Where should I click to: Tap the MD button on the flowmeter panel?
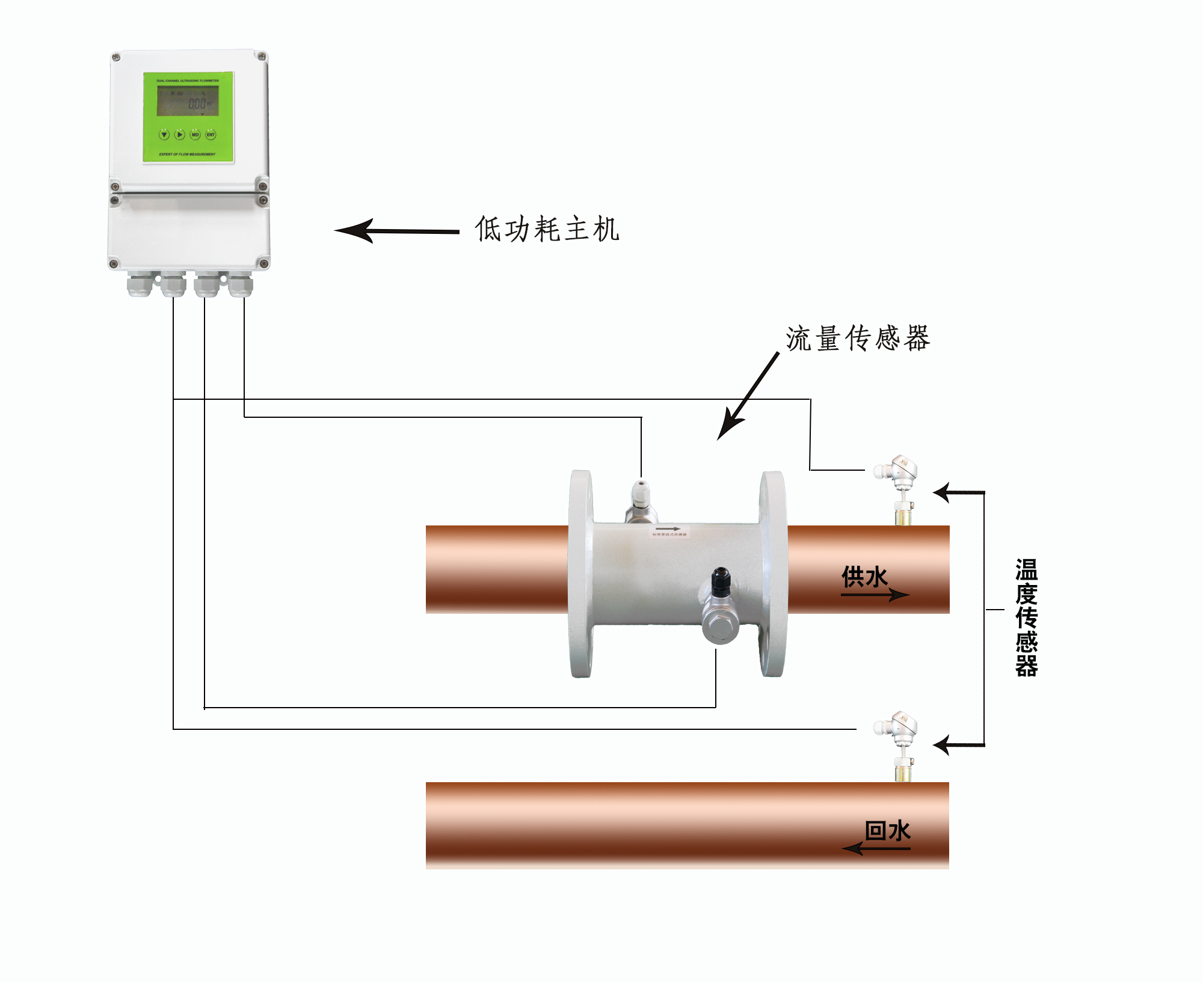click(195, 135)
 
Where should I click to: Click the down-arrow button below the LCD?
click(164, 135)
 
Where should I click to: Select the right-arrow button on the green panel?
click(180, 135)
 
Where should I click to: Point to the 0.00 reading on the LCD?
click(197, 104)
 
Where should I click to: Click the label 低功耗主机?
click(547, 229)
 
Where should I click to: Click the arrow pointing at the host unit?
click(396, 231)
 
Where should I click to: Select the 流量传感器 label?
click(858, 338)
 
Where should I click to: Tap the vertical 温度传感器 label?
click(1026, 617)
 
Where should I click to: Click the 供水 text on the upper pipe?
click(864, 577)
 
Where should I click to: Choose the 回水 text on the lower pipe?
click(887, 831)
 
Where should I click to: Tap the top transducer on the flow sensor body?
click(640, 501)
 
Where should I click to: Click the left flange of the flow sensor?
click(581, 574)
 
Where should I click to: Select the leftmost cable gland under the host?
click(140, 284)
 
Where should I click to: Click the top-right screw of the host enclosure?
click(262, 57)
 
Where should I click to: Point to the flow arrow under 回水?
click(876, 849)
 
